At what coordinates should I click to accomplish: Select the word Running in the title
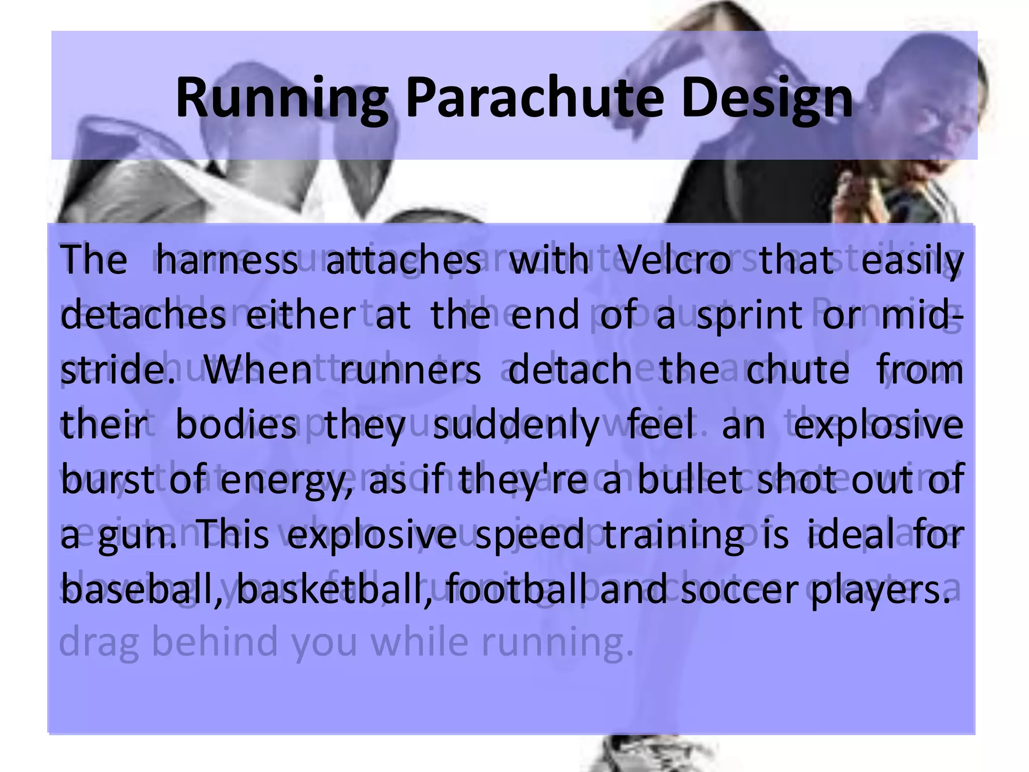(282, 98)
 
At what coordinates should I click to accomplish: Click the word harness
(227, 260)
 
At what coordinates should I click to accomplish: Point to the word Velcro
(673, 260)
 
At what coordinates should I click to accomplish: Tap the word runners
(410, 370)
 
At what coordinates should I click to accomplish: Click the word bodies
(236, 425)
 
